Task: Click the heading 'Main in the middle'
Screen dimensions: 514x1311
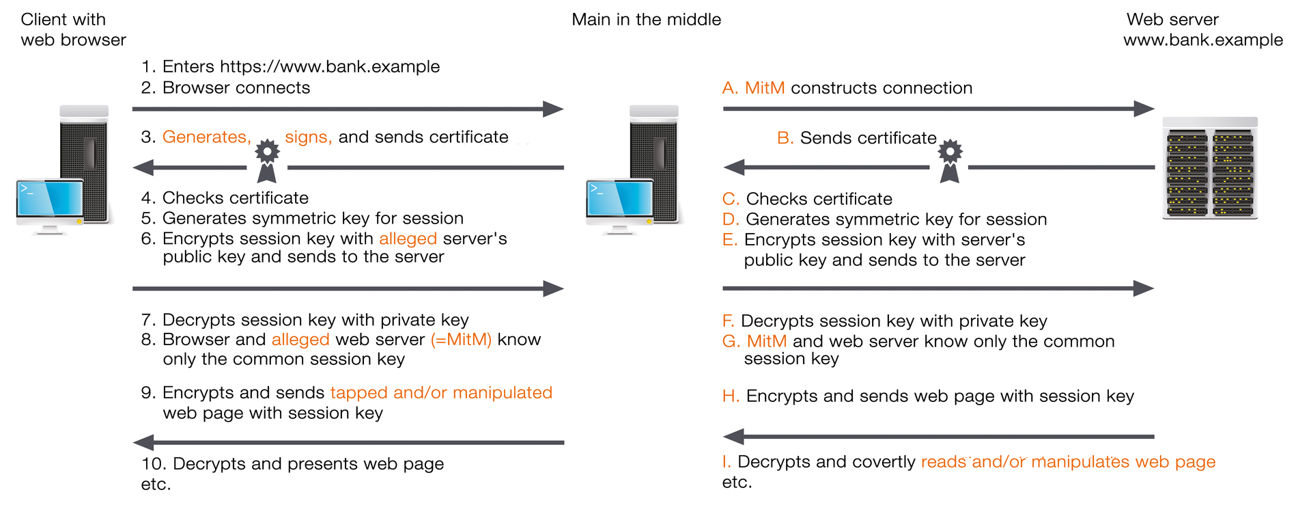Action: pyautogui.click(x=646, y=19)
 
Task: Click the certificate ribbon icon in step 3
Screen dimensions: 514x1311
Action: pyautogui.click(x=267, y=161)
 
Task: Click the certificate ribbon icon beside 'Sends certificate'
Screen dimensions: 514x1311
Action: pyautogui.click(x=950, y=161)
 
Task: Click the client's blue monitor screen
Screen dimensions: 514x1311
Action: pyautogui.click(x=51, y=199)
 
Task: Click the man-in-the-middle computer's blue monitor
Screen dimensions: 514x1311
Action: pyautogui.click(x=620, y=199)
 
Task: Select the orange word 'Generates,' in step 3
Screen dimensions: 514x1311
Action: pyautogui.click(x=207, y=137)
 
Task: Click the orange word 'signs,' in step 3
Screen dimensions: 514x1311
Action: pyautogui.click(x=308, y=137)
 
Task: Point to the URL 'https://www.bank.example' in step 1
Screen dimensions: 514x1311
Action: pyautogui.click(x=330, y=67)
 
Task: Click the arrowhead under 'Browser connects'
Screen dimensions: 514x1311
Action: pyautogui.click(x=553, y=109)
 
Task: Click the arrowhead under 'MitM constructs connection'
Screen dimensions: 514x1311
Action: pyautogui.click(x=1144, y=109)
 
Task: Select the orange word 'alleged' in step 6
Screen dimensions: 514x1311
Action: pyautogui.click(x=408, y=239)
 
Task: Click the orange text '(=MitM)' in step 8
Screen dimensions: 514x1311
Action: pyautogui.click(x=461, y=340)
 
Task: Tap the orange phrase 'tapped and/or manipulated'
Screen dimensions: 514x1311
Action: pyautogui.click(x=441, y=393)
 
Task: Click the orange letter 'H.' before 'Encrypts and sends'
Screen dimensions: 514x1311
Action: pyautogui.click(x=731, y=396)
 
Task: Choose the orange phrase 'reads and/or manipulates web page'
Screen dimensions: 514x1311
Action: pyautogui.click(x=1068, y=462)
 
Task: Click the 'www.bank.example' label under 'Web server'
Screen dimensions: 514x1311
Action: pyautogui.click(x=1202, y=40)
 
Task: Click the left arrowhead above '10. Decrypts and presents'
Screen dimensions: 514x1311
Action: pyautogui.click(x=143, y=442)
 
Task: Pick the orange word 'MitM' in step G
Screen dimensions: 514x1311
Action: pyautogui.click(x=766, y=341)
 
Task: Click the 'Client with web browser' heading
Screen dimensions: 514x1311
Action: pyautogui.click(x=73, y=29)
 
